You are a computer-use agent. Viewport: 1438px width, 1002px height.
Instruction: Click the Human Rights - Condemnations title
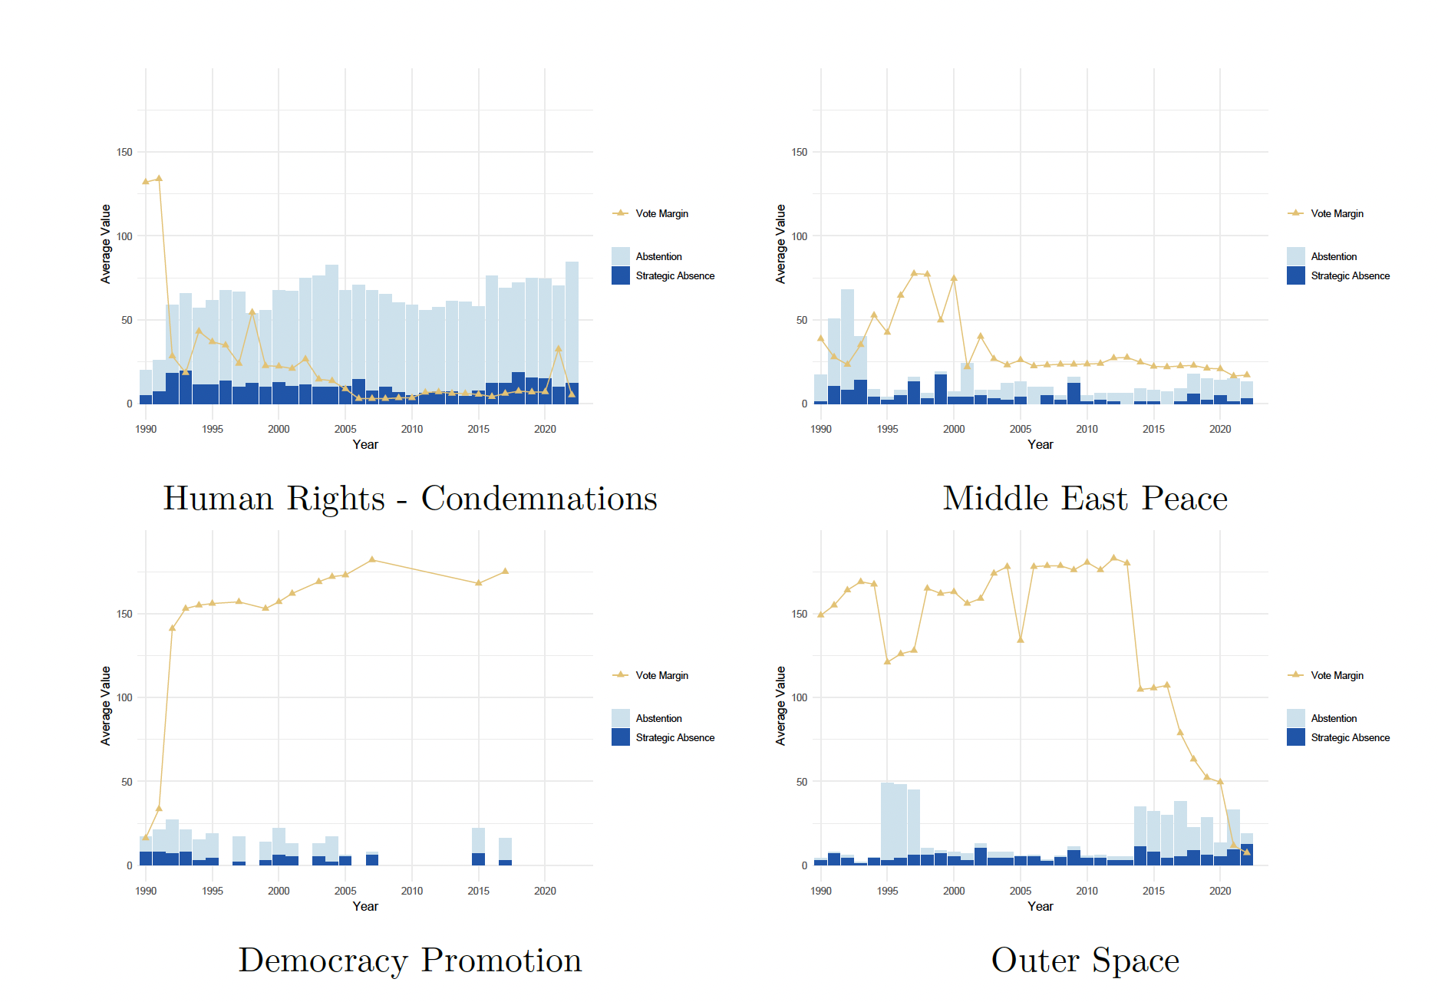click(x=410, y=499)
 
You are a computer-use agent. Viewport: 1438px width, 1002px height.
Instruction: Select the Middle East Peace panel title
click(x=1085, y=499)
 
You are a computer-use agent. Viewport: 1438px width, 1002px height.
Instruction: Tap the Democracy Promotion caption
click(x=410, y=961)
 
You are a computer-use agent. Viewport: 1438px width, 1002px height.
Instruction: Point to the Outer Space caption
click(x=1085, y=961)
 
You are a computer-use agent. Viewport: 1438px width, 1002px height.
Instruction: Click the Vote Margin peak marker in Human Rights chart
click(x=159, y=178)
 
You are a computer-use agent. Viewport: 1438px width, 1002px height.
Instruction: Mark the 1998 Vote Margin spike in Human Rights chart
click(x=252, y=312)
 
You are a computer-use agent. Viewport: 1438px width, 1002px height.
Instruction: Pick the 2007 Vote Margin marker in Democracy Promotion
click(x=372, y=559)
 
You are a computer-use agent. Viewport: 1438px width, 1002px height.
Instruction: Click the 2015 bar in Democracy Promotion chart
click(x=478, y=846)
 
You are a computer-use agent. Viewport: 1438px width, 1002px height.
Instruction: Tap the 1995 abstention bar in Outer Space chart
click(x=887, y=821)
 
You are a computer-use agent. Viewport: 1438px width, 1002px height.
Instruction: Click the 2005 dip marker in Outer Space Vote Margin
click(x=1021, y=639)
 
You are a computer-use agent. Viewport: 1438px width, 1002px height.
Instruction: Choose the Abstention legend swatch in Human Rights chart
click(x=621, y=256)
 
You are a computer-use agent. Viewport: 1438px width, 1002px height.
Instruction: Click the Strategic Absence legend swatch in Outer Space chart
click(x=1296, y=737)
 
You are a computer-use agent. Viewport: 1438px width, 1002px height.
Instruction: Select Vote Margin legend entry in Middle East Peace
click(x=1326, y=213)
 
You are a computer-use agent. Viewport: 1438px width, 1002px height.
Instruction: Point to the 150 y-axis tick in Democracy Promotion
click(x=124, y=614)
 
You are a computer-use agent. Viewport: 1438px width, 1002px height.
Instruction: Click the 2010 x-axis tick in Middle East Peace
click(x=1087, y=429)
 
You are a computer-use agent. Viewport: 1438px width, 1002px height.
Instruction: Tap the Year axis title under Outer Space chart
click(x=1041, y=906)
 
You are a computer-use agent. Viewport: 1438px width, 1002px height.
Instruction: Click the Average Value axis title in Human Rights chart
click(x=106, y=244)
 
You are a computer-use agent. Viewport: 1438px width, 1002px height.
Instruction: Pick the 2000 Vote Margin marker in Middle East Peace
click(x=954, y=278)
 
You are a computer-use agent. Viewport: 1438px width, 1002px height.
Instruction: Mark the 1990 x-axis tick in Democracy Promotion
click(x=146, y=891)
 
